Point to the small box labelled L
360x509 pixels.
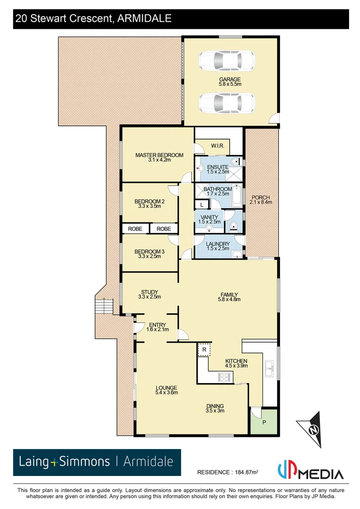[x=202, y=205]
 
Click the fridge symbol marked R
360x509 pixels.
[x=204, y=350]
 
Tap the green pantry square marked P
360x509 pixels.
[x=264, y=422]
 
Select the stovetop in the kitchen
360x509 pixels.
[x=224, y=377]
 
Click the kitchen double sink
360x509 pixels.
[x=269, y=368]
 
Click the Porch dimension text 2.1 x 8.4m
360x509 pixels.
[x=261, y=202]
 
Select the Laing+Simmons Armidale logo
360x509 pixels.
[x=97, y=462]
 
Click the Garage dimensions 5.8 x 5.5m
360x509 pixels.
[x=229, y=84]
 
